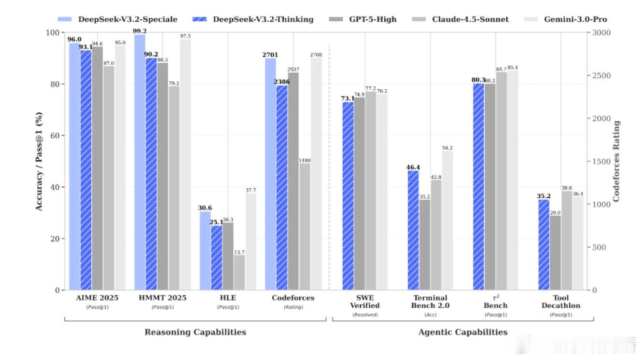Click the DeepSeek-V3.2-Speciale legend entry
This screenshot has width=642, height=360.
click(117, 19)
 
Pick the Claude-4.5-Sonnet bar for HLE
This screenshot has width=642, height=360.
click(239, 272)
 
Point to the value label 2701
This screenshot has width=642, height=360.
click(270, 55)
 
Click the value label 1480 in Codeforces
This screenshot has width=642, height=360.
click(304, 160)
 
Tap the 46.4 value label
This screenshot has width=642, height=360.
click(413, 167)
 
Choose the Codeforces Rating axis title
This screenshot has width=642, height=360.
click(616, 161)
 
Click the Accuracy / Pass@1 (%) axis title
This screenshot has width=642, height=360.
click(39, 161)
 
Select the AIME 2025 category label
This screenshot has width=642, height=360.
click(97, 298)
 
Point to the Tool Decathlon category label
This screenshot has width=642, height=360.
click(560, 302)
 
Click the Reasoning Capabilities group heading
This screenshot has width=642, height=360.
click(195, 332)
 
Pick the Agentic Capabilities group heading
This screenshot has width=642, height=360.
click(462, 332)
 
